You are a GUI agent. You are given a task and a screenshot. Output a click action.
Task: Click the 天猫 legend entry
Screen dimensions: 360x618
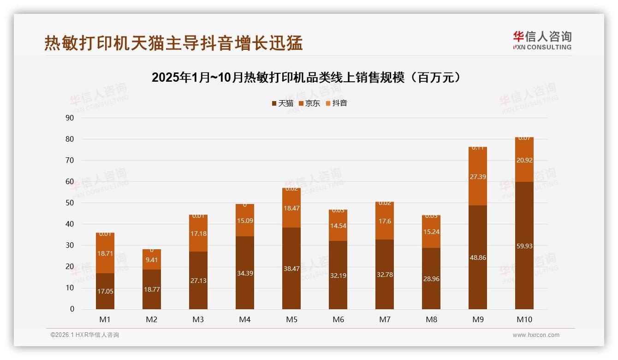point(282,103)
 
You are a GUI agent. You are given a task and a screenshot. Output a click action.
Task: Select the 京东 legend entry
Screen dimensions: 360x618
point(309,103)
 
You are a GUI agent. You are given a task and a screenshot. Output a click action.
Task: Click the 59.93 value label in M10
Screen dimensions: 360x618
point(524,246)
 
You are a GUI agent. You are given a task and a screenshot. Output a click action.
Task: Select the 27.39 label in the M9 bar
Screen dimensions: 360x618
point(477,177)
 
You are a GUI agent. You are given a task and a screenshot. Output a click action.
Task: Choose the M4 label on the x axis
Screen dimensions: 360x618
point(245,319)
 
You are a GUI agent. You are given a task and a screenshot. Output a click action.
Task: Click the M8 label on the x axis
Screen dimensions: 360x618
point(431,319)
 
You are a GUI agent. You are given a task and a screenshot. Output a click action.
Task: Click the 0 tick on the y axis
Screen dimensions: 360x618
point(72,309)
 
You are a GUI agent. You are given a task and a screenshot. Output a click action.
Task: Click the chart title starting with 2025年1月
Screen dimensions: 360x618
point(306,78)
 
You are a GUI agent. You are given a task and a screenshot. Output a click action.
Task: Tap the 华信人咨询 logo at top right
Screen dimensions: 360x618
point(542,40)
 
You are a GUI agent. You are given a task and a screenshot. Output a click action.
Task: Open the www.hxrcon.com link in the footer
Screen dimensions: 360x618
point(536,335)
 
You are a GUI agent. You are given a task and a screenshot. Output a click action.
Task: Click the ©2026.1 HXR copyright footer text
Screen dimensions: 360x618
point(85,335)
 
